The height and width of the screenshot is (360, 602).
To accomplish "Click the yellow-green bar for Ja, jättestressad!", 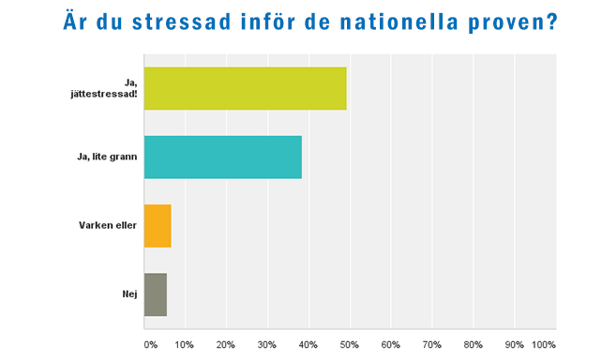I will coord(245,89).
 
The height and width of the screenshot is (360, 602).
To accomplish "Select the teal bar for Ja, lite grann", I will coord(222,157).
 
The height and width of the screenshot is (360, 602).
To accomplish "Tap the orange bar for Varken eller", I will coord(158,226).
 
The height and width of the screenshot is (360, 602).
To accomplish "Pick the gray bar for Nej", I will coord(155,294).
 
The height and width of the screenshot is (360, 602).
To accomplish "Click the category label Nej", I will coord(130,294).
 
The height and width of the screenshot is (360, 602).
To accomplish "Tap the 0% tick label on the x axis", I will coord(150,344).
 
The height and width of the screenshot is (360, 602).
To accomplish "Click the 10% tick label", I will coord(186,344).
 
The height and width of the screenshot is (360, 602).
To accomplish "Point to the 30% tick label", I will coord(267,344).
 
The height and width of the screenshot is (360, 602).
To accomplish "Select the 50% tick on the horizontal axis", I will coord(350,344).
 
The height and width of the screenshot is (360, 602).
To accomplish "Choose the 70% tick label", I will coord(432,344).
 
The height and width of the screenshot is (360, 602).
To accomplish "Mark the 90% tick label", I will coord(515,344).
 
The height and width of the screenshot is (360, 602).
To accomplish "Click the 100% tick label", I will coord(545,344).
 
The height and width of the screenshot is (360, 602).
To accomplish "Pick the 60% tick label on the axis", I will coord(391,344).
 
